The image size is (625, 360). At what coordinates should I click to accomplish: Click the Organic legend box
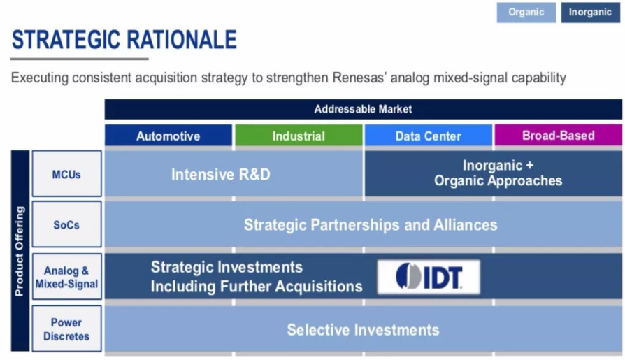(526, 13)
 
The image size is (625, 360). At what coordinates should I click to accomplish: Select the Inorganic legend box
(590, 13)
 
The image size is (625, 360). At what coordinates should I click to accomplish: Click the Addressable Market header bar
(363, 109)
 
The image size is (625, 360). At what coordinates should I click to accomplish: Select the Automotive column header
(168, 136)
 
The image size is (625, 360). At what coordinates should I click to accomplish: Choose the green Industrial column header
(299, 136)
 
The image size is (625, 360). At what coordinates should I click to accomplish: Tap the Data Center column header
(428, 136)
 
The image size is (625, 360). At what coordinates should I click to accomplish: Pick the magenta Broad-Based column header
(558, 135)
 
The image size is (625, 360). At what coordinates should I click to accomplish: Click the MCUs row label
(66, 173)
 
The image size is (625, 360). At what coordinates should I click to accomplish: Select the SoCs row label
(66, 224)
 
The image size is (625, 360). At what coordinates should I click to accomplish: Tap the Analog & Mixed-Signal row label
(66, 277)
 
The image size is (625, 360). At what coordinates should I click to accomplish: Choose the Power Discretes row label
(66, 329)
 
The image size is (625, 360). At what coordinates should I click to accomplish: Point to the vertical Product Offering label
(20, 251)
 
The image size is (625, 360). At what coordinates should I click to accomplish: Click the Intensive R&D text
(221, 174)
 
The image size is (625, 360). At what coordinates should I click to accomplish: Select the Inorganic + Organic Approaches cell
(494, 173)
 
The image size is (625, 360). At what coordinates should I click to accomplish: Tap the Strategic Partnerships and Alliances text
(371, 225)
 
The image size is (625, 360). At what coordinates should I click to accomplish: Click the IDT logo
(429, 277)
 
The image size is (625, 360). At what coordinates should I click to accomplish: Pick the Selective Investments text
(363, 330)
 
